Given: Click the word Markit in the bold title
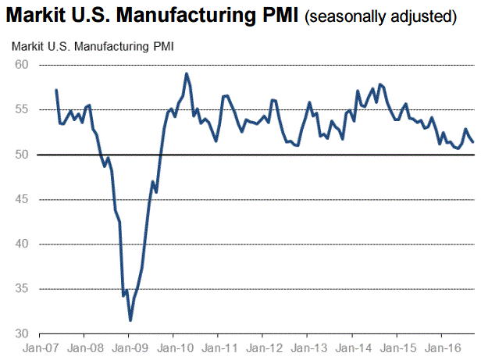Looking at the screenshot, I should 36,16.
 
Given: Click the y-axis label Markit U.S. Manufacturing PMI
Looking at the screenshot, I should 93,47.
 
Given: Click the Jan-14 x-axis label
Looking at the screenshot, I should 351,348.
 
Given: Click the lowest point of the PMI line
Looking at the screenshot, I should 130,320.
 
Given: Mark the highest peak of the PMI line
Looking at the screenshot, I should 187,73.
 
